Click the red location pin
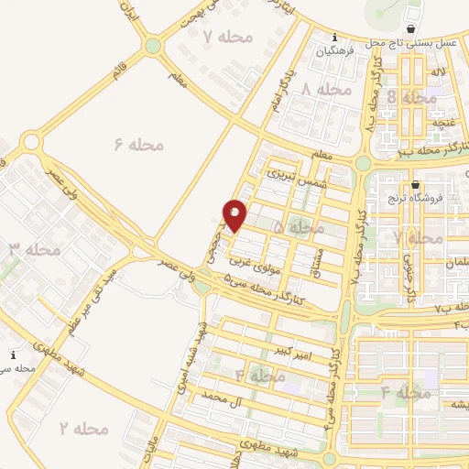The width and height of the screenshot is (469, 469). (x=235, y=215)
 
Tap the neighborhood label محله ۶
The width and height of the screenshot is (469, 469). (x=139, y=144)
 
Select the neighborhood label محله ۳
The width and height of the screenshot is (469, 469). (x=36, y=248)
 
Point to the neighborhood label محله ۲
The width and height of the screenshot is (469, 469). (x=84, y=428)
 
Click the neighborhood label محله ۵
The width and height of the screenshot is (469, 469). (x=305, y=225)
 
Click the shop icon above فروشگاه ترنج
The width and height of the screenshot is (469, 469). (x=415, y=182)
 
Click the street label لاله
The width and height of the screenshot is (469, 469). (x=440, y=71)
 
